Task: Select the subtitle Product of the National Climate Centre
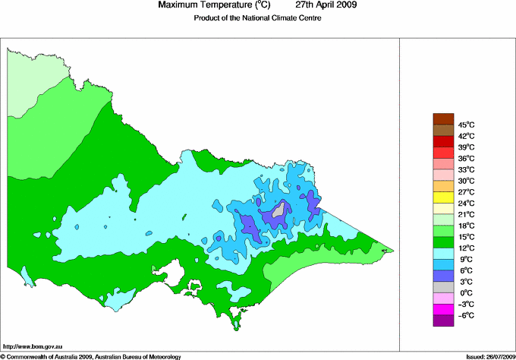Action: pos(258,19)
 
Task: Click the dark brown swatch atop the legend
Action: pos(442,118)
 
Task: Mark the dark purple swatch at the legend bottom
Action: pos(442,321)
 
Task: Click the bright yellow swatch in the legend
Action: pos(442,197)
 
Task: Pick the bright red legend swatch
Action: pos(442,141)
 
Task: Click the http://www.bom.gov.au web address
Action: pos(33,346)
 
